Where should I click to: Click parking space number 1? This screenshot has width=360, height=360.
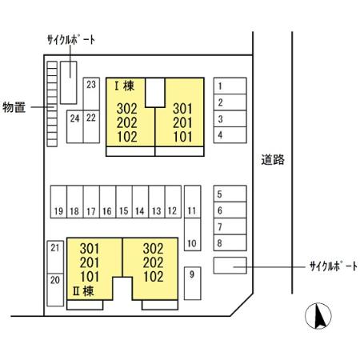point(230,86)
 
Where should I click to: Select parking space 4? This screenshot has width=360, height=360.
point(230,135)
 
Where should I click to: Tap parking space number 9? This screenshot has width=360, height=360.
point(192,283)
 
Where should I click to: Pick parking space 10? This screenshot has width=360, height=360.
point(192,234)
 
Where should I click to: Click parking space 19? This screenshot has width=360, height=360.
point(58,202)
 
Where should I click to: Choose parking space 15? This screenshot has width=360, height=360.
point(124,202)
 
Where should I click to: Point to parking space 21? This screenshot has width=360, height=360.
point(55,257)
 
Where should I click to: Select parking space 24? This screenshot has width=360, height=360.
point(75,126)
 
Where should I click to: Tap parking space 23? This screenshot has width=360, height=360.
point(91,94)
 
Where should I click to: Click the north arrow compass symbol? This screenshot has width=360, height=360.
point(318,316)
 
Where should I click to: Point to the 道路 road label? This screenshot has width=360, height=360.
point(273,160)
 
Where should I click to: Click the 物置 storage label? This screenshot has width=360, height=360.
point(14,107)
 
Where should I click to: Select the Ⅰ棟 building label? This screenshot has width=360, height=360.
point(125,86)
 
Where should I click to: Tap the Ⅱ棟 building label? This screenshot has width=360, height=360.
point(83,291)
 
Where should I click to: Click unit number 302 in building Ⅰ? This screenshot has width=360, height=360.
point(127,109)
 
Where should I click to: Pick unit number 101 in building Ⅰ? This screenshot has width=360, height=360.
point(182,137)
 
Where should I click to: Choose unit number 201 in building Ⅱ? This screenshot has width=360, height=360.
point(90,262)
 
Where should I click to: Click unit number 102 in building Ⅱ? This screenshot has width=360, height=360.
point(154,277)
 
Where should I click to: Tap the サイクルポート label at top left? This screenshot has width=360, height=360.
point(71,40)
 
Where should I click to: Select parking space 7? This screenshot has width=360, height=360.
point(230,226)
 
